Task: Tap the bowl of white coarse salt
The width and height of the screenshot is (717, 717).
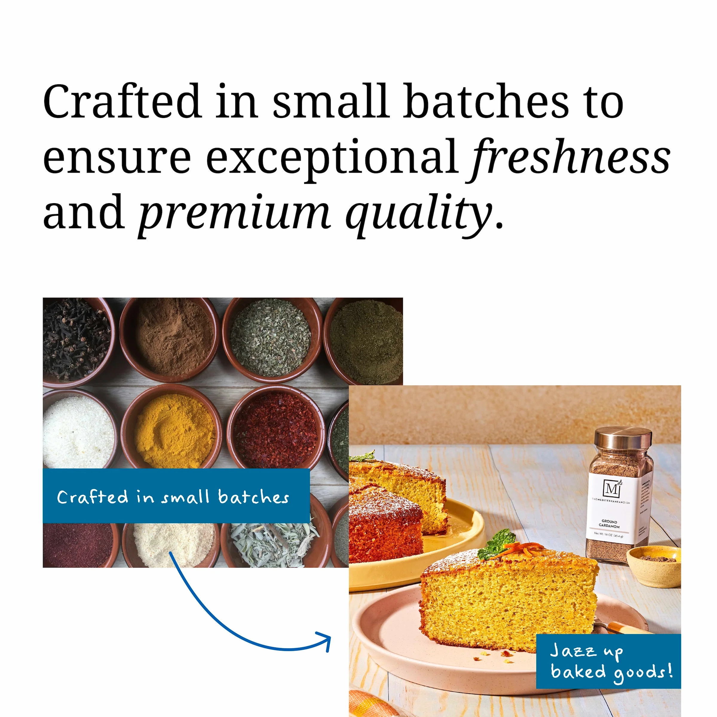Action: click(78, 430)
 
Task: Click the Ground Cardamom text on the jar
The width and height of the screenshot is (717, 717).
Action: click(609, 524)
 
